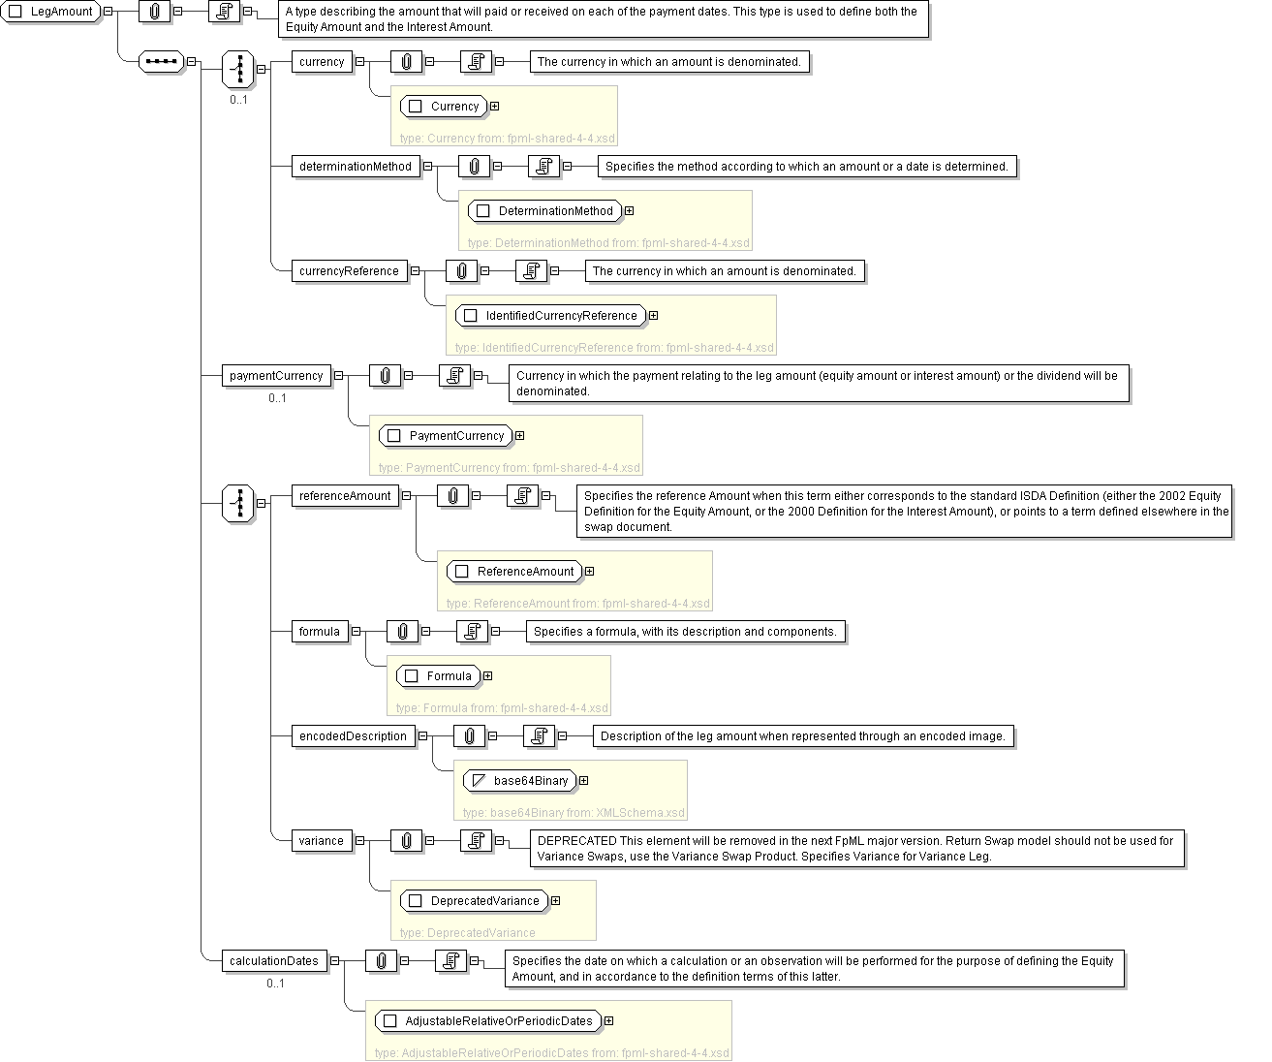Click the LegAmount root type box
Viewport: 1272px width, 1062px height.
click(52, 12)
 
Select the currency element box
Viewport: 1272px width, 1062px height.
click(322, 62)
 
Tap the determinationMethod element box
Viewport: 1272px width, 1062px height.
click(356, 167)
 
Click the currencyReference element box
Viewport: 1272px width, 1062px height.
click(349, 271)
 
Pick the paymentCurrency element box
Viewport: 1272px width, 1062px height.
click(276, 376)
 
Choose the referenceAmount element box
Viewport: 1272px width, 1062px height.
click(345, 496)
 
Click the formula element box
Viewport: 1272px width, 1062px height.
click(320, 632)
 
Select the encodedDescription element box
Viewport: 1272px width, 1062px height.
click(353, 736)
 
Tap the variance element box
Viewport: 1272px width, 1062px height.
click(322, 841)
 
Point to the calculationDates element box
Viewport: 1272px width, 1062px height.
click(274, 961)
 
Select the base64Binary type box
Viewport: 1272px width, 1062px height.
click(520, 781)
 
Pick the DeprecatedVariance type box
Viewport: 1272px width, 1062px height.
click(475, 901)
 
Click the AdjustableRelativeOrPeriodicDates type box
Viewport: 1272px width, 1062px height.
click(488, 1021)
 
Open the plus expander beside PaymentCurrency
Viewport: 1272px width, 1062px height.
click(520, 436)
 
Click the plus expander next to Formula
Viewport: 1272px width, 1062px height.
click(487, 676)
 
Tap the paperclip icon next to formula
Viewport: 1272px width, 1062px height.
click(402, 632)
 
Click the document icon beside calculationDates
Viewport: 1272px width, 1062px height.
click(450, 961)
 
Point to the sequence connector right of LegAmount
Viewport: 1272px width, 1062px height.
click(162, 62)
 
